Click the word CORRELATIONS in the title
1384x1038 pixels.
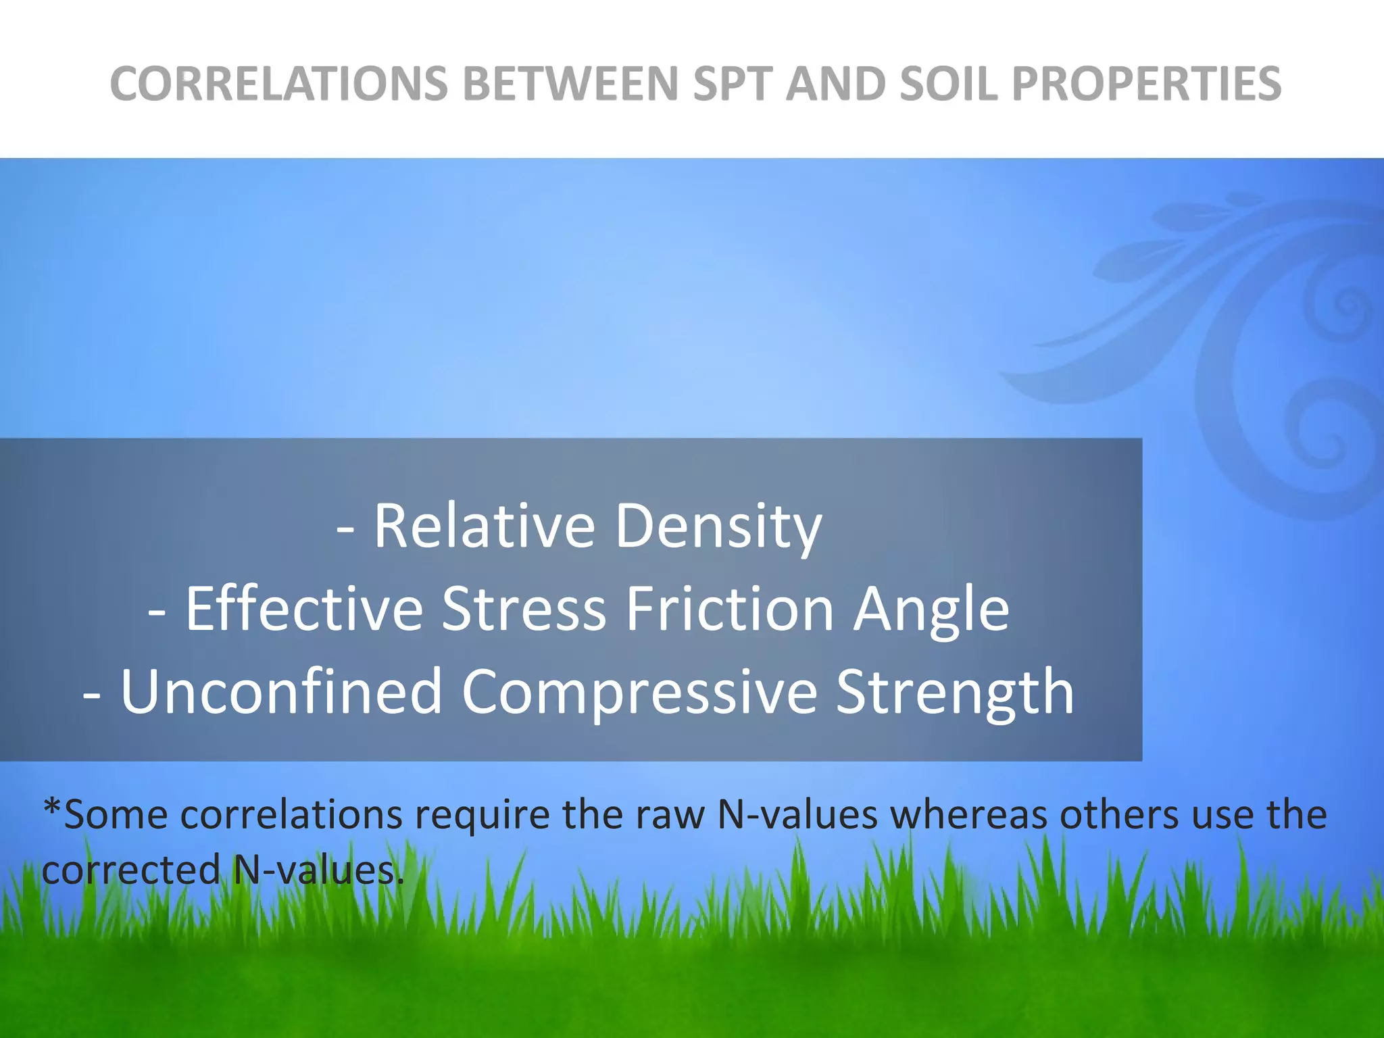point(278,84)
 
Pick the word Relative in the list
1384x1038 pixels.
point(484,526)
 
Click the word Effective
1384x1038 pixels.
point(304,608)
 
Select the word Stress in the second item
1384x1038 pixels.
point(524,608)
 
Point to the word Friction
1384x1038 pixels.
point(730,608)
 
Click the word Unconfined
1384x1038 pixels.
point(281,691)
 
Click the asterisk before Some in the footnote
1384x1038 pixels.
point(51,807)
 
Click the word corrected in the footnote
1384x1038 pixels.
point(131,870)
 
